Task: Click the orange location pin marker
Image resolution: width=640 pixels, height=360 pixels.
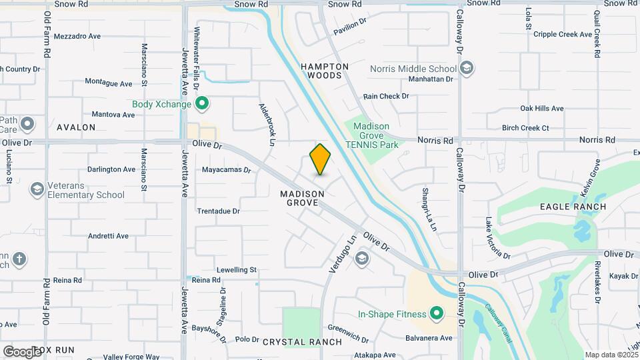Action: tap(320, 159)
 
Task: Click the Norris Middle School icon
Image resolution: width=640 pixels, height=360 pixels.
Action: tap(467, 68)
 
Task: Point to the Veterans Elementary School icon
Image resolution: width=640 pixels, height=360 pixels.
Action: tap(37, 190)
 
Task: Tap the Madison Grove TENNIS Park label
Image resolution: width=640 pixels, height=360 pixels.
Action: tap(376, 135)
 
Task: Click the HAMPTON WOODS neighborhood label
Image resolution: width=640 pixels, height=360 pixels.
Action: tap(325, 71)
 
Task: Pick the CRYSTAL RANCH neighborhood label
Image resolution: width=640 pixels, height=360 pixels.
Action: tap(302, 342)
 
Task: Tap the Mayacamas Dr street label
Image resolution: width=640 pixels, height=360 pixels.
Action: tap(226, 170)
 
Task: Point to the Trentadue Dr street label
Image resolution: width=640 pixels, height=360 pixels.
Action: tap(218, 211)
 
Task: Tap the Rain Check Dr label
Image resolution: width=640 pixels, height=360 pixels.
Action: tap(386, 96)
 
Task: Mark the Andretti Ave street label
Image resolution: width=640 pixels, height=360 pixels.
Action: tap(109, 236)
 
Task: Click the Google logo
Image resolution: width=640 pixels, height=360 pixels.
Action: tap(21, 351)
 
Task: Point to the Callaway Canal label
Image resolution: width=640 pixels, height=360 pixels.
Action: tap(497, 319)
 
